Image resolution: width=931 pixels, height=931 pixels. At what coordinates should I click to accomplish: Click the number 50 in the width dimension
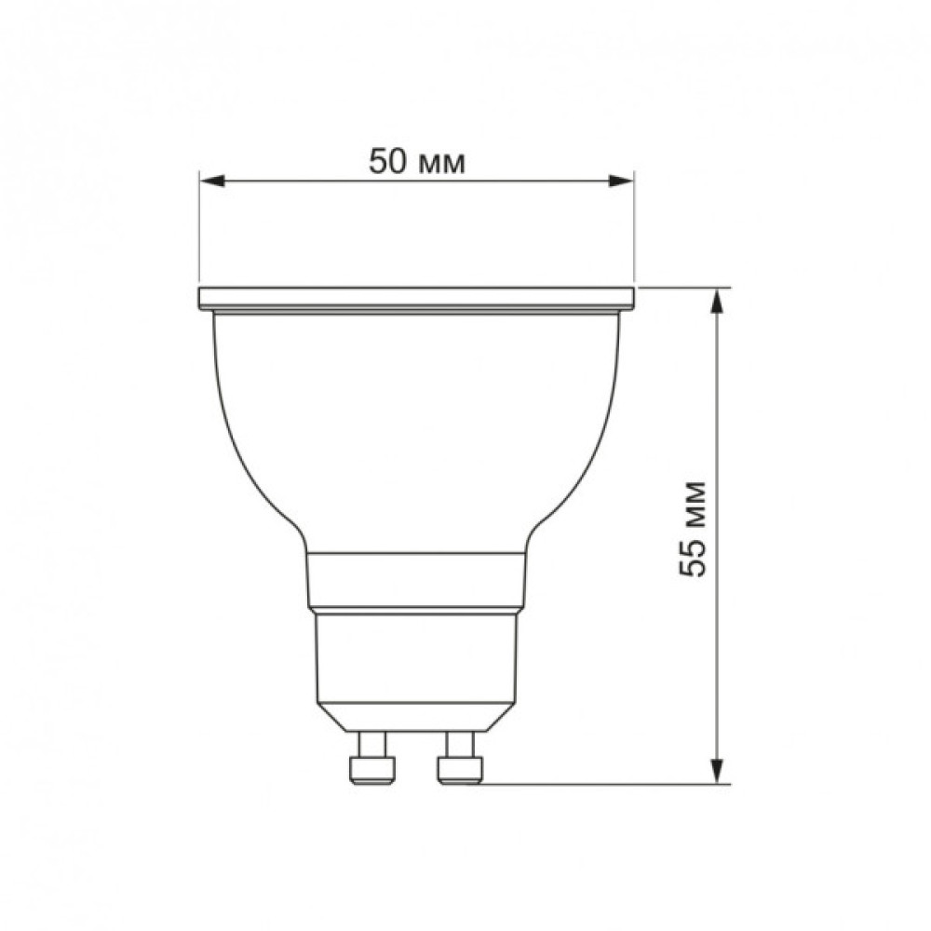click(x=387, y=161)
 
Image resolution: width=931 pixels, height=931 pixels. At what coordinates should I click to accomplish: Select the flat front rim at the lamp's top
click(x=417, y=298)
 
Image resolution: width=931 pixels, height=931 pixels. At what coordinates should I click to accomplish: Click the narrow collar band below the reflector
click(x=417, y=579)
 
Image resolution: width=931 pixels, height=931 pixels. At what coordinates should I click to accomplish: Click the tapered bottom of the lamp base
click(x=417, y=716)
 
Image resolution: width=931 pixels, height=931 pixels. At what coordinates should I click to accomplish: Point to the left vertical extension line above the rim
click(x=199, y=233)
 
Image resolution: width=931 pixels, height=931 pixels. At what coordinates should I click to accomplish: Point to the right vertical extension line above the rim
click(x=634, y=233)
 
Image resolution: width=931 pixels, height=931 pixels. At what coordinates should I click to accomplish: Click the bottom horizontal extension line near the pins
click(x=605, y=784)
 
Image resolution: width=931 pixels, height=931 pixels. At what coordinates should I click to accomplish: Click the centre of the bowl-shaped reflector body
click(x=417, y=428)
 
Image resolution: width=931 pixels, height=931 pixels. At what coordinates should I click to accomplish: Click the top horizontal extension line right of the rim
click(x=684, y=287)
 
